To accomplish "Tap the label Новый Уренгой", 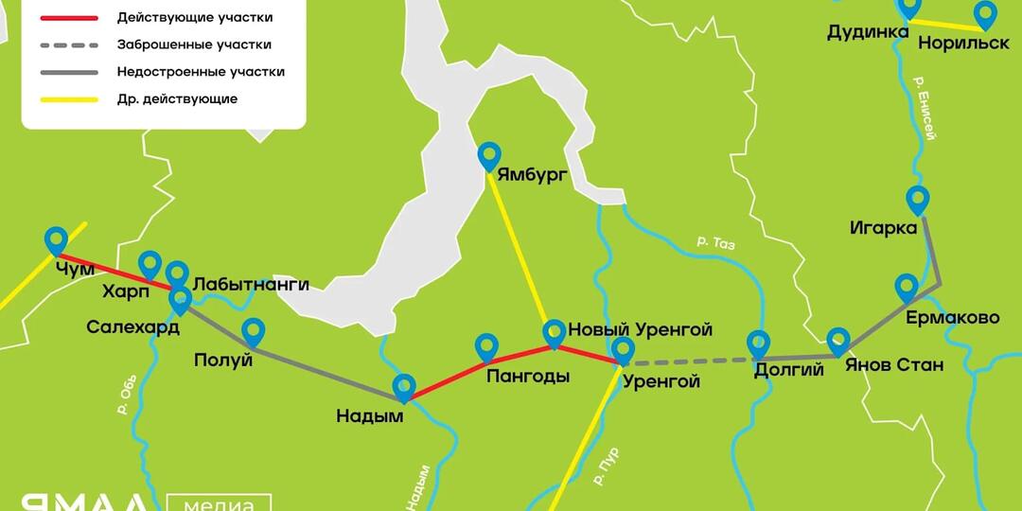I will click(x=640, y=329).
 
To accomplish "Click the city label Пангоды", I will click(x=528, y=377).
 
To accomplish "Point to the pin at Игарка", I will click(x=917, y=200).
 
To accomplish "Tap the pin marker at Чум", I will click(x=57, y=241).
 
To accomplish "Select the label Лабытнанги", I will click(x=251, y=284).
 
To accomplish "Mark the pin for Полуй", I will click(x=253, y=331).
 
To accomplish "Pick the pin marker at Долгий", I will click(x=758, y=344).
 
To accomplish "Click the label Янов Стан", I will click(x=893, y=365).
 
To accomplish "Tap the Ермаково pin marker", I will click(x=907, y=288).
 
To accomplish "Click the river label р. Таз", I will click(x=715, y=242).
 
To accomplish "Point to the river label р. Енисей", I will click(x=925, y=109).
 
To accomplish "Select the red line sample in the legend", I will click(x=68, y=18).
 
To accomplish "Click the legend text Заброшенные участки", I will click(x=194, y=44).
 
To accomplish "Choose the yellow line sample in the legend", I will click(x=68, y=98).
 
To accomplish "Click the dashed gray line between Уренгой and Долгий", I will click(x=691, y=361).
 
